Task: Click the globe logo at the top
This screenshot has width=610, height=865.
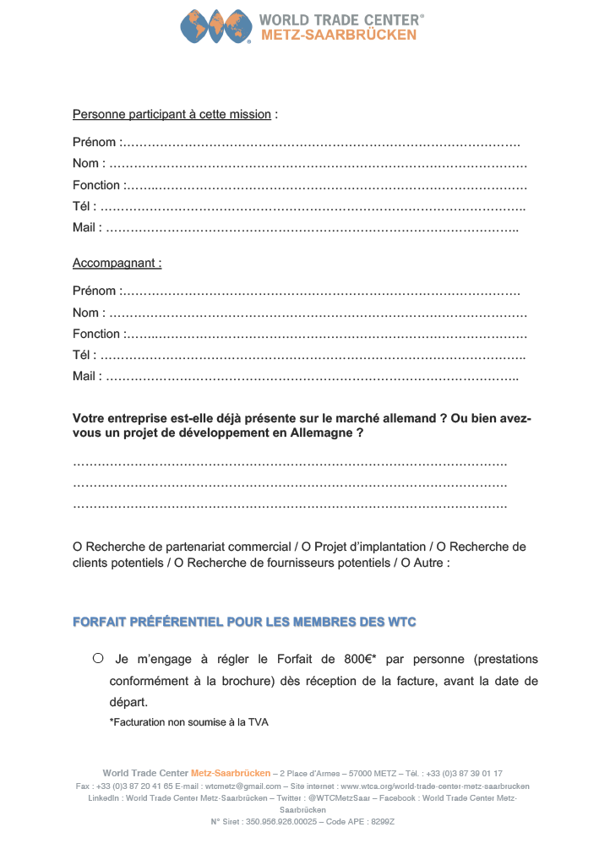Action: click(x=216, y=26)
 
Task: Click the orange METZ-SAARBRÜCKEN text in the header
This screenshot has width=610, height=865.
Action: click(x=339, y=35)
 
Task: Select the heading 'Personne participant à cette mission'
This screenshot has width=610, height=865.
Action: click(x=172, y=114)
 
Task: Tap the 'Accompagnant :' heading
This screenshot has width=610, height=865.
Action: click(x=117, y=263)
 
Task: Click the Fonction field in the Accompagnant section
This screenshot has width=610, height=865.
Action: click(x=325, y=334)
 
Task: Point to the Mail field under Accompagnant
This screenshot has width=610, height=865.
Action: click(x=313, y=377)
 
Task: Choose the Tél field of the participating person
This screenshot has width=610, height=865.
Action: click(x=313, y=206)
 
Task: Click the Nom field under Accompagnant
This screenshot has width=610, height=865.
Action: click(x=317, y=313)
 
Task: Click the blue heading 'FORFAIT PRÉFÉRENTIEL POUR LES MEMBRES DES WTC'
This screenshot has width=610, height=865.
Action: click(x=244, y=623)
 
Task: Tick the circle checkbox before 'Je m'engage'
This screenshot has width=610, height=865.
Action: click(x=98, y=658)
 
